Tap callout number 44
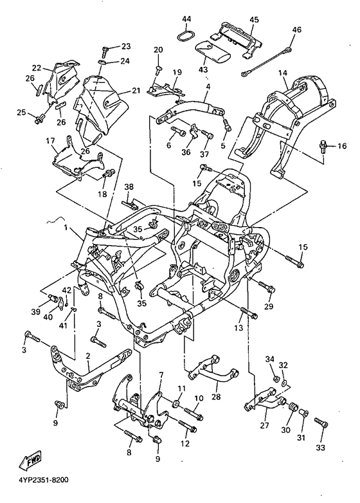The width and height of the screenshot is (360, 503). pos(186,19)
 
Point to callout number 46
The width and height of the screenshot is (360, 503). pos(296,30)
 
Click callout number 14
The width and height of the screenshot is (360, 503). pos(282,73)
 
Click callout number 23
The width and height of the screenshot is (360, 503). pos(126,46)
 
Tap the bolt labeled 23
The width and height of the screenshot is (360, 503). pos(105,51)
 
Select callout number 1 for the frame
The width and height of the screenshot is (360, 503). pos(66,228)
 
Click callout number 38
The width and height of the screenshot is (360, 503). pos(129,187)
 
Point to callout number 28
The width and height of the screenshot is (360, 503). pos(216,396)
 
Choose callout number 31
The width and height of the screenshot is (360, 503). pos(301,437)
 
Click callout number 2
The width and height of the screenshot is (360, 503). pos(88,356)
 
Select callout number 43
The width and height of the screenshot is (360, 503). pos(203,69)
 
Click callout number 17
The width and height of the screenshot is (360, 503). pos(50,140)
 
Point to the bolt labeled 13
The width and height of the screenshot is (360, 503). pos(249,313)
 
